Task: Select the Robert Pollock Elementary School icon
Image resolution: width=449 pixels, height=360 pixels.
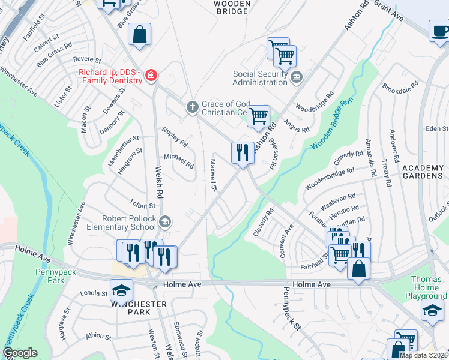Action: coord(164,223)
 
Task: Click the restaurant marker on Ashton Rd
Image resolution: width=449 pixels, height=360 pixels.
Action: coord(243,152)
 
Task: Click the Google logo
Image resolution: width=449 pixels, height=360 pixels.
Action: coord(19,353)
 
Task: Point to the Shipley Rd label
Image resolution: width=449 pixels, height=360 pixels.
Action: coord(175,137)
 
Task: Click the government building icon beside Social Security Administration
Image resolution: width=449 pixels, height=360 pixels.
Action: coord(297,77)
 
